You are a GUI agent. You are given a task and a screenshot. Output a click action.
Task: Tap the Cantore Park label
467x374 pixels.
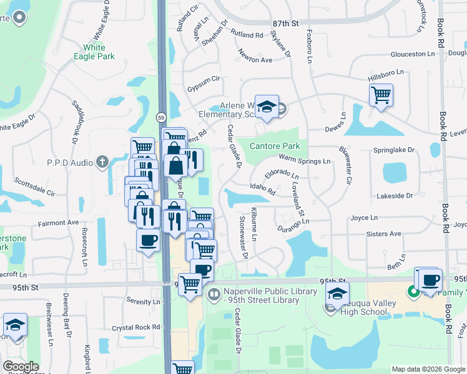click(275, 146)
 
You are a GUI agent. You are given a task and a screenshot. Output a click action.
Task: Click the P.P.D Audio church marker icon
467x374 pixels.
click(103, 162)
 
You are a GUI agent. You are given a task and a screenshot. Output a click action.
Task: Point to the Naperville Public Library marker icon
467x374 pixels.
click(214, 293)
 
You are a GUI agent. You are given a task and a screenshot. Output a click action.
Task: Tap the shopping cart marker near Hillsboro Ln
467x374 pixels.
click(380, 95)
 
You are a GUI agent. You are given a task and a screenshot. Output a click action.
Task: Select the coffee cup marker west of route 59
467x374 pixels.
click(148, 240)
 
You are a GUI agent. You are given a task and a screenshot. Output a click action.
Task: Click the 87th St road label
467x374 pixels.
click(286, 23)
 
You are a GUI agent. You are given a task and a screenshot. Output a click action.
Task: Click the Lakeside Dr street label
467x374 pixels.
click(395, 196)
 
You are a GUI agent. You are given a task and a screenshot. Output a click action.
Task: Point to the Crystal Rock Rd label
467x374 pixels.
click(136, 327)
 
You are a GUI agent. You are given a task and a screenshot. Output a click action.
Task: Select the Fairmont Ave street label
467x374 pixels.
click(58, 222)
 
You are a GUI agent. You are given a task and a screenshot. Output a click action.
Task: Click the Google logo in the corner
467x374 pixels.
click(21, 367)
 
